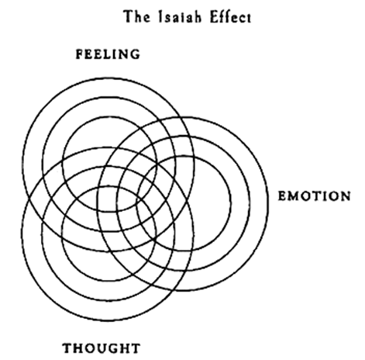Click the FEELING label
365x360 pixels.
click(108, 54)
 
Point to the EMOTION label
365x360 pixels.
click(315, 196)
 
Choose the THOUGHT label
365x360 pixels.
click(102, 348)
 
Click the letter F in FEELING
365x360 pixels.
click(80, 54)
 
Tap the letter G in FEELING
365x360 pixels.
click(135, 54)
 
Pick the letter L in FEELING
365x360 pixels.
click(103, 54)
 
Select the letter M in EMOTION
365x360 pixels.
click(294, 196)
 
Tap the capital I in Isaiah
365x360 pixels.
click(160, 17)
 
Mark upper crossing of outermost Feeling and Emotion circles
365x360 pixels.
click(183, 118)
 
